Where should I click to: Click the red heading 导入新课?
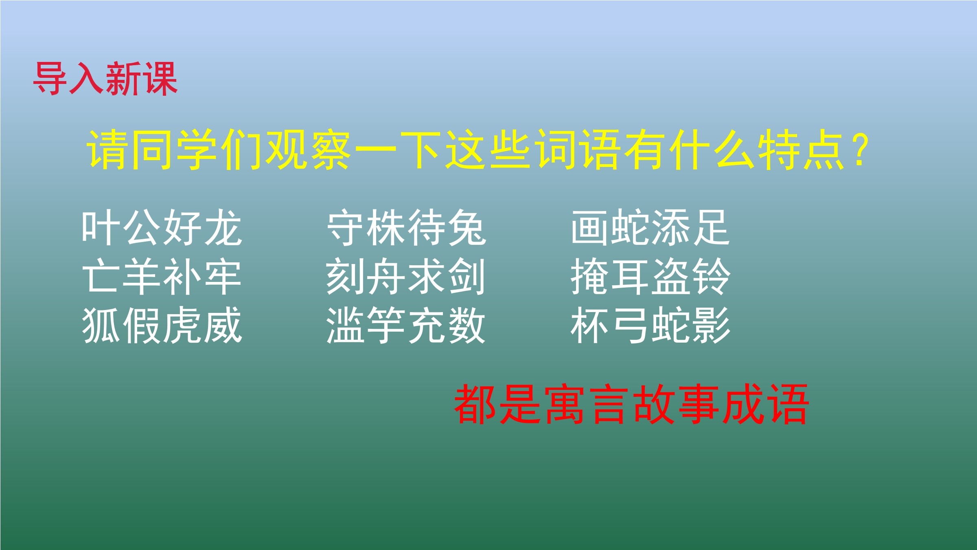pos(105,79)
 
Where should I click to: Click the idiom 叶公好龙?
pos(162,227)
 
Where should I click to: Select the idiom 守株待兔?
pos(406,227)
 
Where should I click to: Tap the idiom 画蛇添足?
pos(650,227)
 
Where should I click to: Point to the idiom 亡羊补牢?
pos(162,276)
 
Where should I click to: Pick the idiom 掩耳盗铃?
pos(651,276)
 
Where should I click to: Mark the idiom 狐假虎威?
pos(162,325)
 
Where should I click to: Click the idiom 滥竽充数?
pos(406,325)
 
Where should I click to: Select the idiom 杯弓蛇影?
pos(651,325)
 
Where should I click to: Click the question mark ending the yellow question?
pos(861,150)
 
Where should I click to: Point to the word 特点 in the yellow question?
pos(801,150)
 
